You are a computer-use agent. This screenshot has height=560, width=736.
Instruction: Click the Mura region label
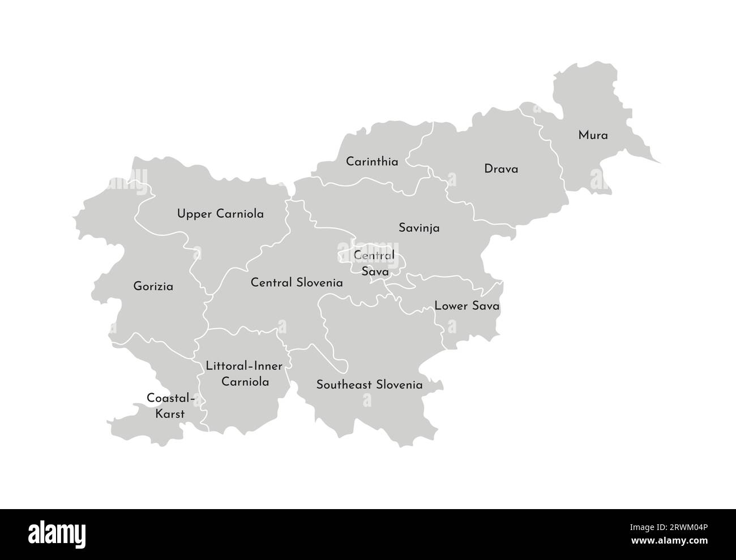593,136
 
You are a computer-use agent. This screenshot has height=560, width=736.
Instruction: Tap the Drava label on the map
501,169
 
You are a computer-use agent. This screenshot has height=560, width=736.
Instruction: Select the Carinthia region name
372,162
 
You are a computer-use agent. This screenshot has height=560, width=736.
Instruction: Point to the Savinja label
419,229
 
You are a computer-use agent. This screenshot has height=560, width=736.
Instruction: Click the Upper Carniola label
220,214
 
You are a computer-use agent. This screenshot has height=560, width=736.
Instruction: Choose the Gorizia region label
153,287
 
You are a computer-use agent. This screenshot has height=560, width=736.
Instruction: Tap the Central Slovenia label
297,282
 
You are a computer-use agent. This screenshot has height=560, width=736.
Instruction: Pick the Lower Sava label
467,306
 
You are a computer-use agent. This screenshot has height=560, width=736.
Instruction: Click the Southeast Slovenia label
369,385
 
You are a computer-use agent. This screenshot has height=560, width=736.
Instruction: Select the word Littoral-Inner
236,366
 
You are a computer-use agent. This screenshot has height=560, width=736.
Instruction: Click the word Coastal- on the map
171,398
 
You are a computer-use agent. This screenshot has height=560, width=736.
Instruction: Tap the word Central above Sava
374,256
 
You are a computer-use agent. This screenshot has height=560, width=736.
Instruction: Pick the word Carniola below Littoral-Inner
245,382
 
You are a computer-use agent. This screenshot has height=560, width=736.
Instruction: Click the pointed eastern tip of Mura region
660,163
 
